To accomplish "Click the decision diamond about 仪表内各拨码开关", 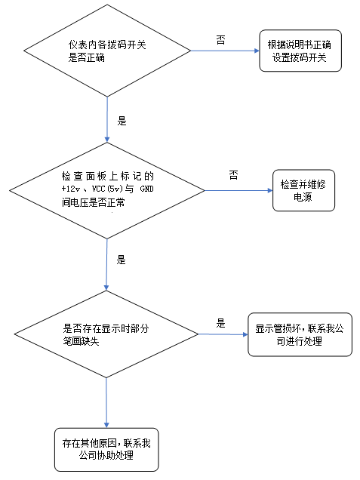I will pos(107,51).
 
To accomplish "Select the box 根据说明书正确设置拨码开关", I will pos(300,51).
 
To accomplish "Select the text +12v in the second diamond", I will pos(72,186).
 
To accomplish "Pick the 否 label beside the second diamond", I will pos(233,175).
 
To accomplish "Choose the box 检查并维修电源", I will pos(303,189).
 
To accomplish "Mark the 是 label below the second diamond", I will pos(122,260).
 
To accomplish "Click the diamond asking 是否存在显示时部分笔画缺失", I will pos(107,334).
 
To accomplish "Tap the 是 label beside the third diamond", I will pos(221,322).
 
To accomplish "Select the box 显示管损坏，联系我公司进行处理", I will pos(300,334).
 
